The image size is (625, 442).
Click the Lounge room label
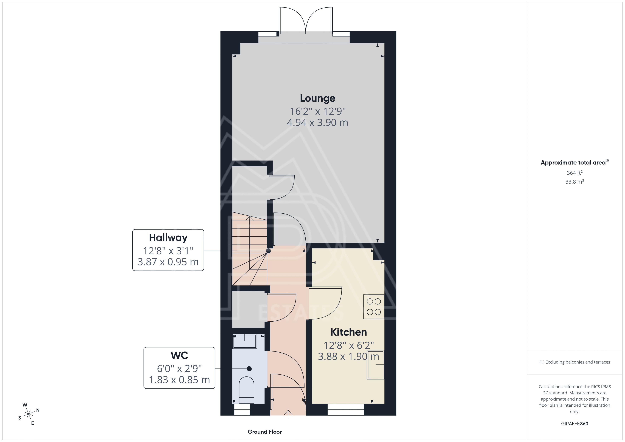click(x=317, y=98)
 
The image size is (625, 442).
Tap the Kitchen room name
click(x=348, y=332)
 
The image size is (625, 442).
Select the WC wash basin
click(x=245, y=341)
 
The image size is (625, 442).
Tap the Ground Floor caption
click(x=265, y=432)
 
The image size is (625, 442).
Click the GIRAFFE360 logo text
click(x=575, y=423)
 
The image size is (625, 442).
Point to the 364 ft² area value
click(x=575, y=173)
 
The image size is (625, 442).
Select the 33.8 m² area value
click(x=575, y=182)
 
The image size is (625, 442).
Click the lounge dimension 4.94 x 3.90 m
click(x=317, y=123)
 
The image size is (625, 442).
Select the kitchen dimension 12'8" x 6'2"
click(x=348, y=345)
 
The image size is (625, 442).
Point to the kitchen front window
click(x=345, y=409)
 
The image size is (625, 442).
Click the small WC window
click(x=242, y=410)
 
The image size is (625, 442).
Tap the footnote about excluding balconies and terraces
click(x=575, y=362)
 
